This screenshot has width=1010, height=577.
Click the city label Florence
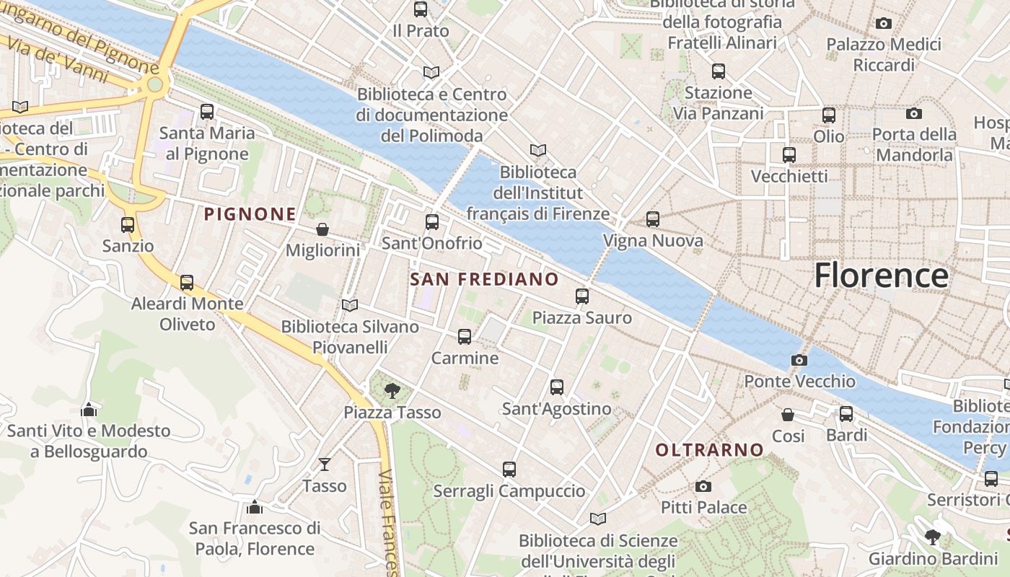coord(881,276)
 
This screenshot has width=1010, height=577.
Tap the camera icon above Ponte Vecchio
coord(799,360)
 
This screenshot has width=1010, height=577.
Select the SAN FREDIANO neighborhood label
coord(484,279)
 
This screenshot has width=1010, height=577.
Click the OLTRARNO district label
coord(709,450)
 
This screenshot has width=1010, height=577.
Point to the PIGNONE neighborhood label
coord(250,214)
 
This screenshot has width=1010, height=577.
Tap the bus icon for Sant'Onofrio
coord(432,221)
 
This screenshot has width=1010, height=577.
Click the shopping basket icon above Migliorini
coord(322,229)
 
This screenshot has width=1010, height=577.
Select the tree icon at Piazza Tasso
coord(392,391)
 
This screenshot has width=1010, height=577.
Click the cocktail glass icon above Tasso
coord(325,464)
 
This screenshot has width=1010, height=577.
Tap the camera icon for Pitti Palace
coord(703,486)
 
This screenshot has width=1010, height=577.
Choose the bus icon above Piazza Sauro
coord(582,296)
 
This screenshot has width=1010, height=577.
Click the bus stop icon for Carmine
coord(465,337)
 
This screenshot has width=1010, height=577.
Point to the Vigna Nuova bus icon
coord(653,219)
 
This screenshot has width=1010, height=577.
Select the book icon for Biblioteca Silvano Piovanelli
coord(350,305)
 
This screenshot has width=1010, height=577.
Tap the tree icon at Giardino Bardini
coord(933,537)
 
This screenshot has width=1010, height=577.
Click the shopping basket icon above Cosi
coord(788,415)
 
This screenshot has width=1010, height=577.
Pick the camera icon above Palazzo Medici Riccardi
coord(884,24)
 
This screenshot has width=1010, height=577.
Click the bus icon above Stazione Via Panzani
coord(719,71)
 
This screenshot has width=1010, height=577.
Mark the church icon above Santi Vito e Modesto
coord(89,410)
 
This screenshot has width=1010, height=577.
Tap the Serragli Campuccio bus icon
coord(509,470)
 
